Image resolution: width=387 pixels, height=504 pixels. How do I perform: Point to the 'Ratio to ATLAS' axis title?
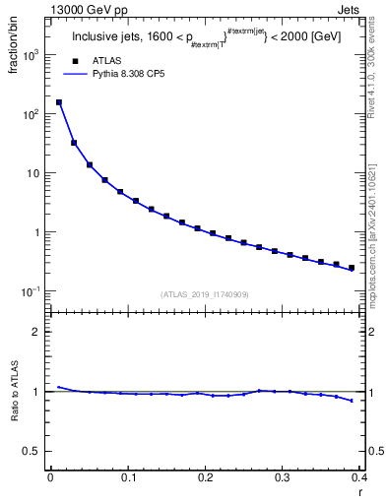point(13,392)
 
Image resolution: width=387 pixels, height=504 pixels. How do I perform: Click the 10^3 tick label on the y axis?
point(31,55)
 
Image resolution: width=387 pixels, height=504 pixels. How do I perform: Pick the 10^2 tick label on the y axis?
point(31,114)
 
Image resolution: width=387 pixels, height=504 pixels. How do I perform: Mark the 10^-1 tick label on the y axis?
point(31,291)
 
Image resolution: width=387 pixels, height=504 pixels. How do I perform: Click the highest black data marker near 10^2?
point(59,102)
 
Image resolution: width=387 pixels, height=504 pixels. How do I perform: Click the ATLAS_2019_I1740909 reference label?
point(205,294)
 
